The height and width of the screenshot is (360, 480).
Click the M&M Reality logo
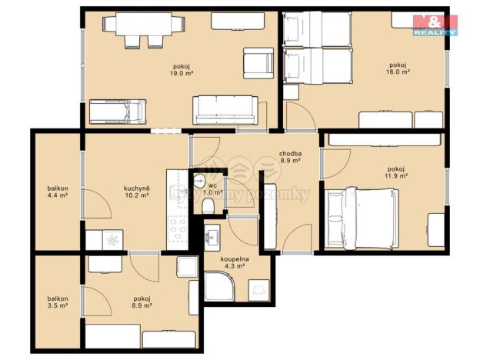pos(435,25)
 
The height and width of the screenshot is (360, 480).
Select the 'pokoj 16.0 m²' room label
pos(398,68)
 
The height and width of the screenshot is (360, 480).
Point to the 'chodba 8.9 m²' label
pos(290,158)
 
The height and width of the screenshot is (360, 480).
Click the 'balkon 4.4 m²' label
pos(57,192)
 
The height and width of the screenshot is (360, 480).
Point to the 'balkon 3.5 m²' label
pos(57,302)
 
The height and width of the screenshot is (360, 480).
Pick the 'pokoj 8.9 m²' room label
pos(141,302)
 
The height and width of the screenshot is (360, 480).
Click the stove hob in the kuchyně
pos(178,228)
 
